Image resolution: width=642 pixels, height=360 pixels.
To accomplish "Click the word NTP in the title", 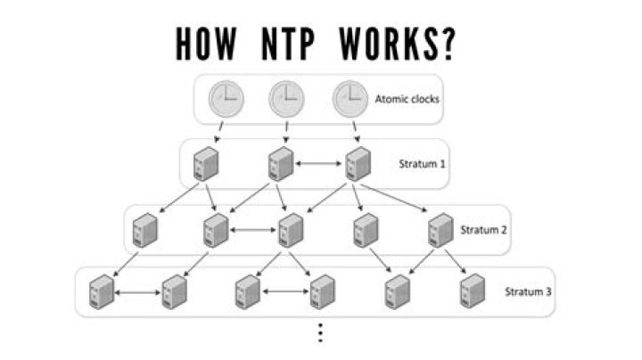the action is [x=288, y=44].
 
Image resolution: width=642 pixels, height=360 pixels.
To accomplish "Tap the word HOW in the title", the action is [x=206, y=44].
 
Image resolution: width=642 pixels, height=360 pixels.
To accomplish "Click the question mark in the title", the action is [x=449, y=44].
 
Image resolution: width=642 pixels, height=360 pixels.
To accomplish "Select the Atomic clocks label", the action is [x=407, y=99].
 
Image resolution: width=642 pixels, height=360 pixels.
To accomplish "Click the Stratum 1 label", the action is [x=422, y=164].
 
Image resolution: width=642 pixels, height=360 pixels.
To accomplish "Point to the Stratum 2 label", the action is [x=483, y=230].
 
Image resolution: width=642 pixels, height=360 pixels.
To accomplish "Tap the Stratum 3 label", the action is [x=528, y=291].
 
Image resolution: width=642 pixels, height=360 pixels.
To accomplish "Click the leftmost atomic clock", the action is [x=226, y=100].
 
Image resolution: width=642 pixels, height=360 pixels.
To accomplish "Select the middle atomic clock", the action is [x=286, y=100].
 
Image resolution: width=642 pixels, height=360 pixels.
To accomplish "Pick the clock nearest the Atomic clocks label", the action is [x=350, y=100].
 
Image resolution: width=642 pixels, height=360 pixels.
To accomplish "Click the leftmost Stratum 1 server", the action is [x=206, y=164].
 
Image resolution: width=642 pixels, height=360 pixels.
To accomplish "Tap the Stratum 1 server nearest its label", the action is [x=358, y=164].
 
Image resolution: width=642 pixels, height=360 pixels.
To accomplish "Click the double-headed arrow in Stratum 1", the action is [x=318, y=164].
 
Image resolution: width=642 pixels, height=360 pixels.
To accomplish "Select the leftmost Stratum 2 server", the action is [x=145, y=230].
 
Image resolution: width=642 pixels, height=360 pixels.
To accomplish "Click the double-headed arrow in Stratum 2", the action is [x=253, y=230].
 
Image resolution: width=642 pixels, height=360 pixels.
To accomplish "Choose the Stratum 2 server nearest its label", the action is [x=440, y=230].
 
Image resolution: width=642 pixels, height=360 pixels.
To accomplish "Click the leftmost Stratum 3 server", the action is [x=101, y=291].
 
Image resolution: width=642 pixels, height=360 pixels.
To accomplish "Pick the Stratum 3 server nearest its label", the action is [x=473, y=291].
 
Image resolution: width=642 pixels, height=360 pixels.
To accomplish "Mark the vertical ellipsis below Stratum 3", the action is [x=321, y=332].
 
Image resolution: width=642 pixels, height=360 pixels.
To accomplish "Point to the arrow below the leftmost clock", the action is [x=219, y=131].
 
